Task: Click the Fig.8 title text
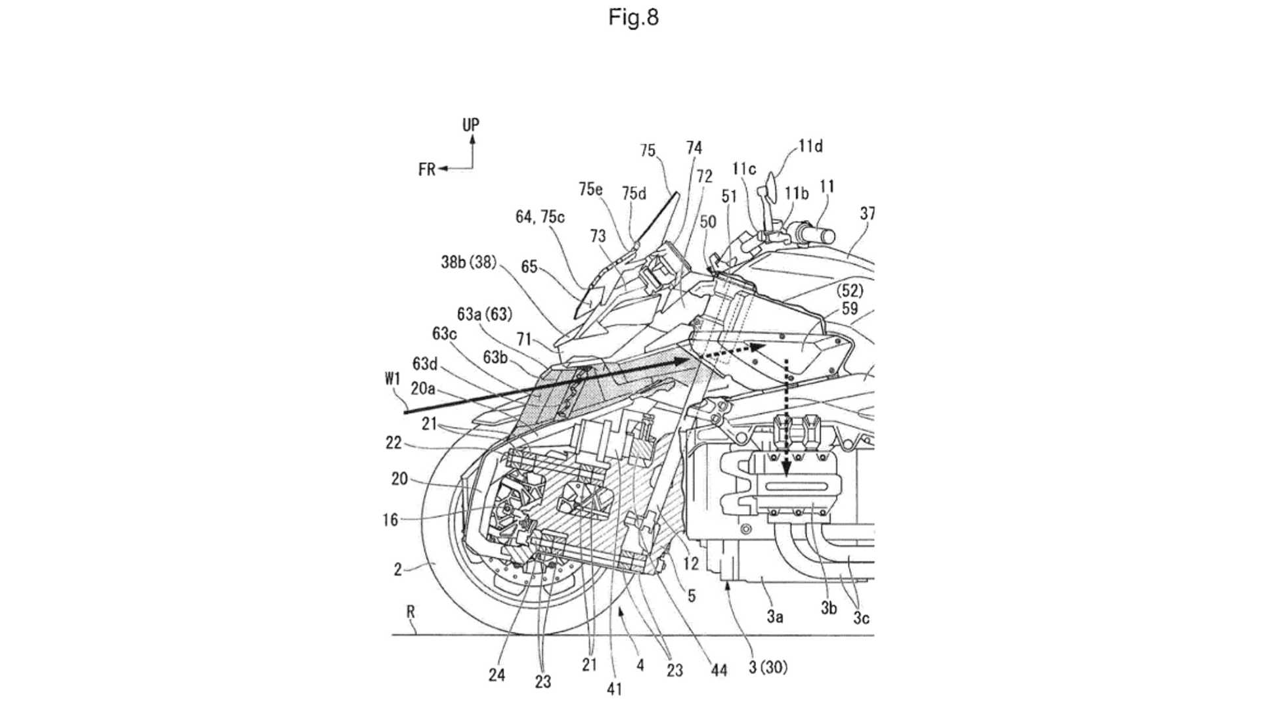[633, 17]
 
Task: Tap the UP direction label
[471, 124]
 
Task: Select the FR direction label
[426, 169]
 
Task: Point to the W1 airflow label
[392, 379]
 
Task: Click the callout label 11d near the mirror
[810, 146]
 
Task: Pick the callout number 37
[867, 213]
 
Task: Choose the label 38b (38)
[468, 262]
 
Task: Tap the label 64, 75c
[540, 217]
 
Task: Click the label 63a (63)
[484, 314]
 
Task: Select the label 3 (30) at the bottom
[768, 668]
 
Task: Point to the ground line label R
[410, 612]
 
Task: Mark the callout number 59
[850, 308]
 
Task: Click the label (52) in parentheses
[850, 290]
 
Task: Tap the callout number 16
[391, 520]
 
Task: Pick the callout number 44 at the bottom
[719, 670]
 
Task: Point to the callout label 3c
[861, 618]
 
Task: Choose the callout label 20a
[423, 389]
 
